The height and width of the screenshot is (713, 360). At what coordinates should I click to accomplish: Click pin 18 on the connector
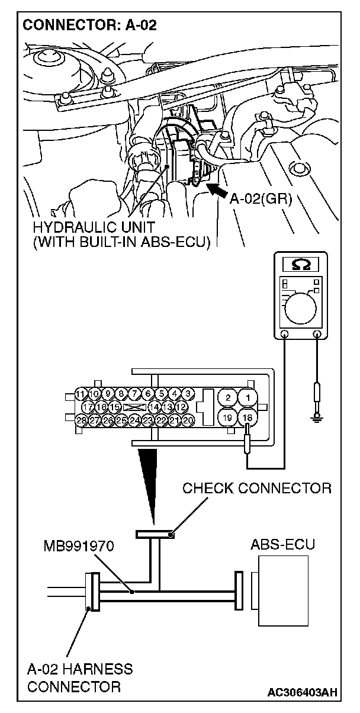pos(248,417)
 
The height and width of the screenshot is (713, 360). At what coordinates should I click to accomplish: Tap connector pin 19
pos(228,417)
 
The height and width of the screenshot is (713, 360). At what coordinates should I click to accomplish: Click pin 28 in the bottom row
pos(82,420)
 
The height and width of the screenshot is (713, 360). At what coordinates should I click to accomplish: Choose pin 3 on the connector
pos(188,394)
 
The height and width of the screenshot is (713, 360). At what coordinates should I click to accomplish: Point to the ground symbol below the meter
pos(318,418)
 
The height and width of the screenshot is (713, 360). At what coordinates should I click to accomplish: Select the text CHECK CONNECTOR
pos(256,489)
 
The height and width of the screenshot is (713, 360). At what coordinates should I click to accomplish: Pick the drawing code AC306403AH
pos(302,692)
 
